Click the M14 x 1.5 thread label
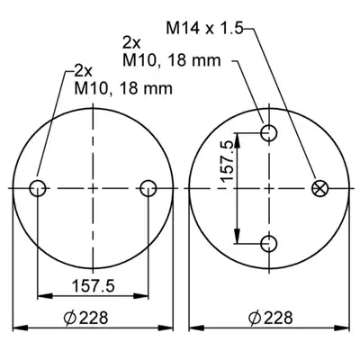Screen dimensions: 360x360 point(204,29)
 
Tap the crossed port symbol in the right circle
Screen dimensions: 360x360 point(320,188)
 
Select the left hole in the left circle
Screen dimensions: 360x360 point(38,188)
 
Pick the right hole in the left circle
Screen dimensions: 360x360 point(148,188)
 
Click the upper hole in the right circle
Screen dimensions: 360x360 point(269,132)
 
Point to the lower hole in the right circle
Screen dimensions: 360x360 point(269,244)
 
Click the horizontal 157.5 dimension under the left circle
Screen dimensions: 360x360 point(94,286)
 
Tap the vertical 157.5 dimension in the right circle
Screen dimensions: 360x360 point(228,161)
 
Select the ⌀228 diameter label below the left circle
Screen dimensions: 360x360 point(85,318)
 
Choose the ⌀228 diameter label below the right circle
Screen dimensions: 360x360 point(270,318)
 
